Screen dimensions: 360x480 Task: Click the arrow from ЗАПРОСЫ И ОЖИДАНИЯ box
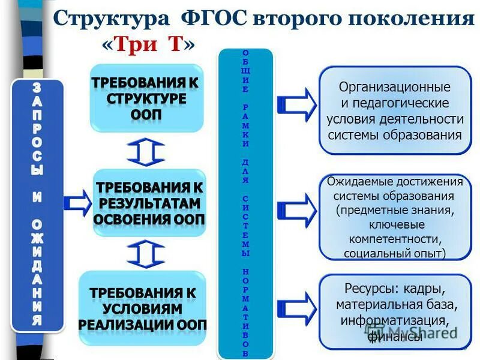click(x=77, y=203)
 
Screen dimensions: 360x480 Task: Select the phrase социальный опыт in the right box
click(x=395, y=253)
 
